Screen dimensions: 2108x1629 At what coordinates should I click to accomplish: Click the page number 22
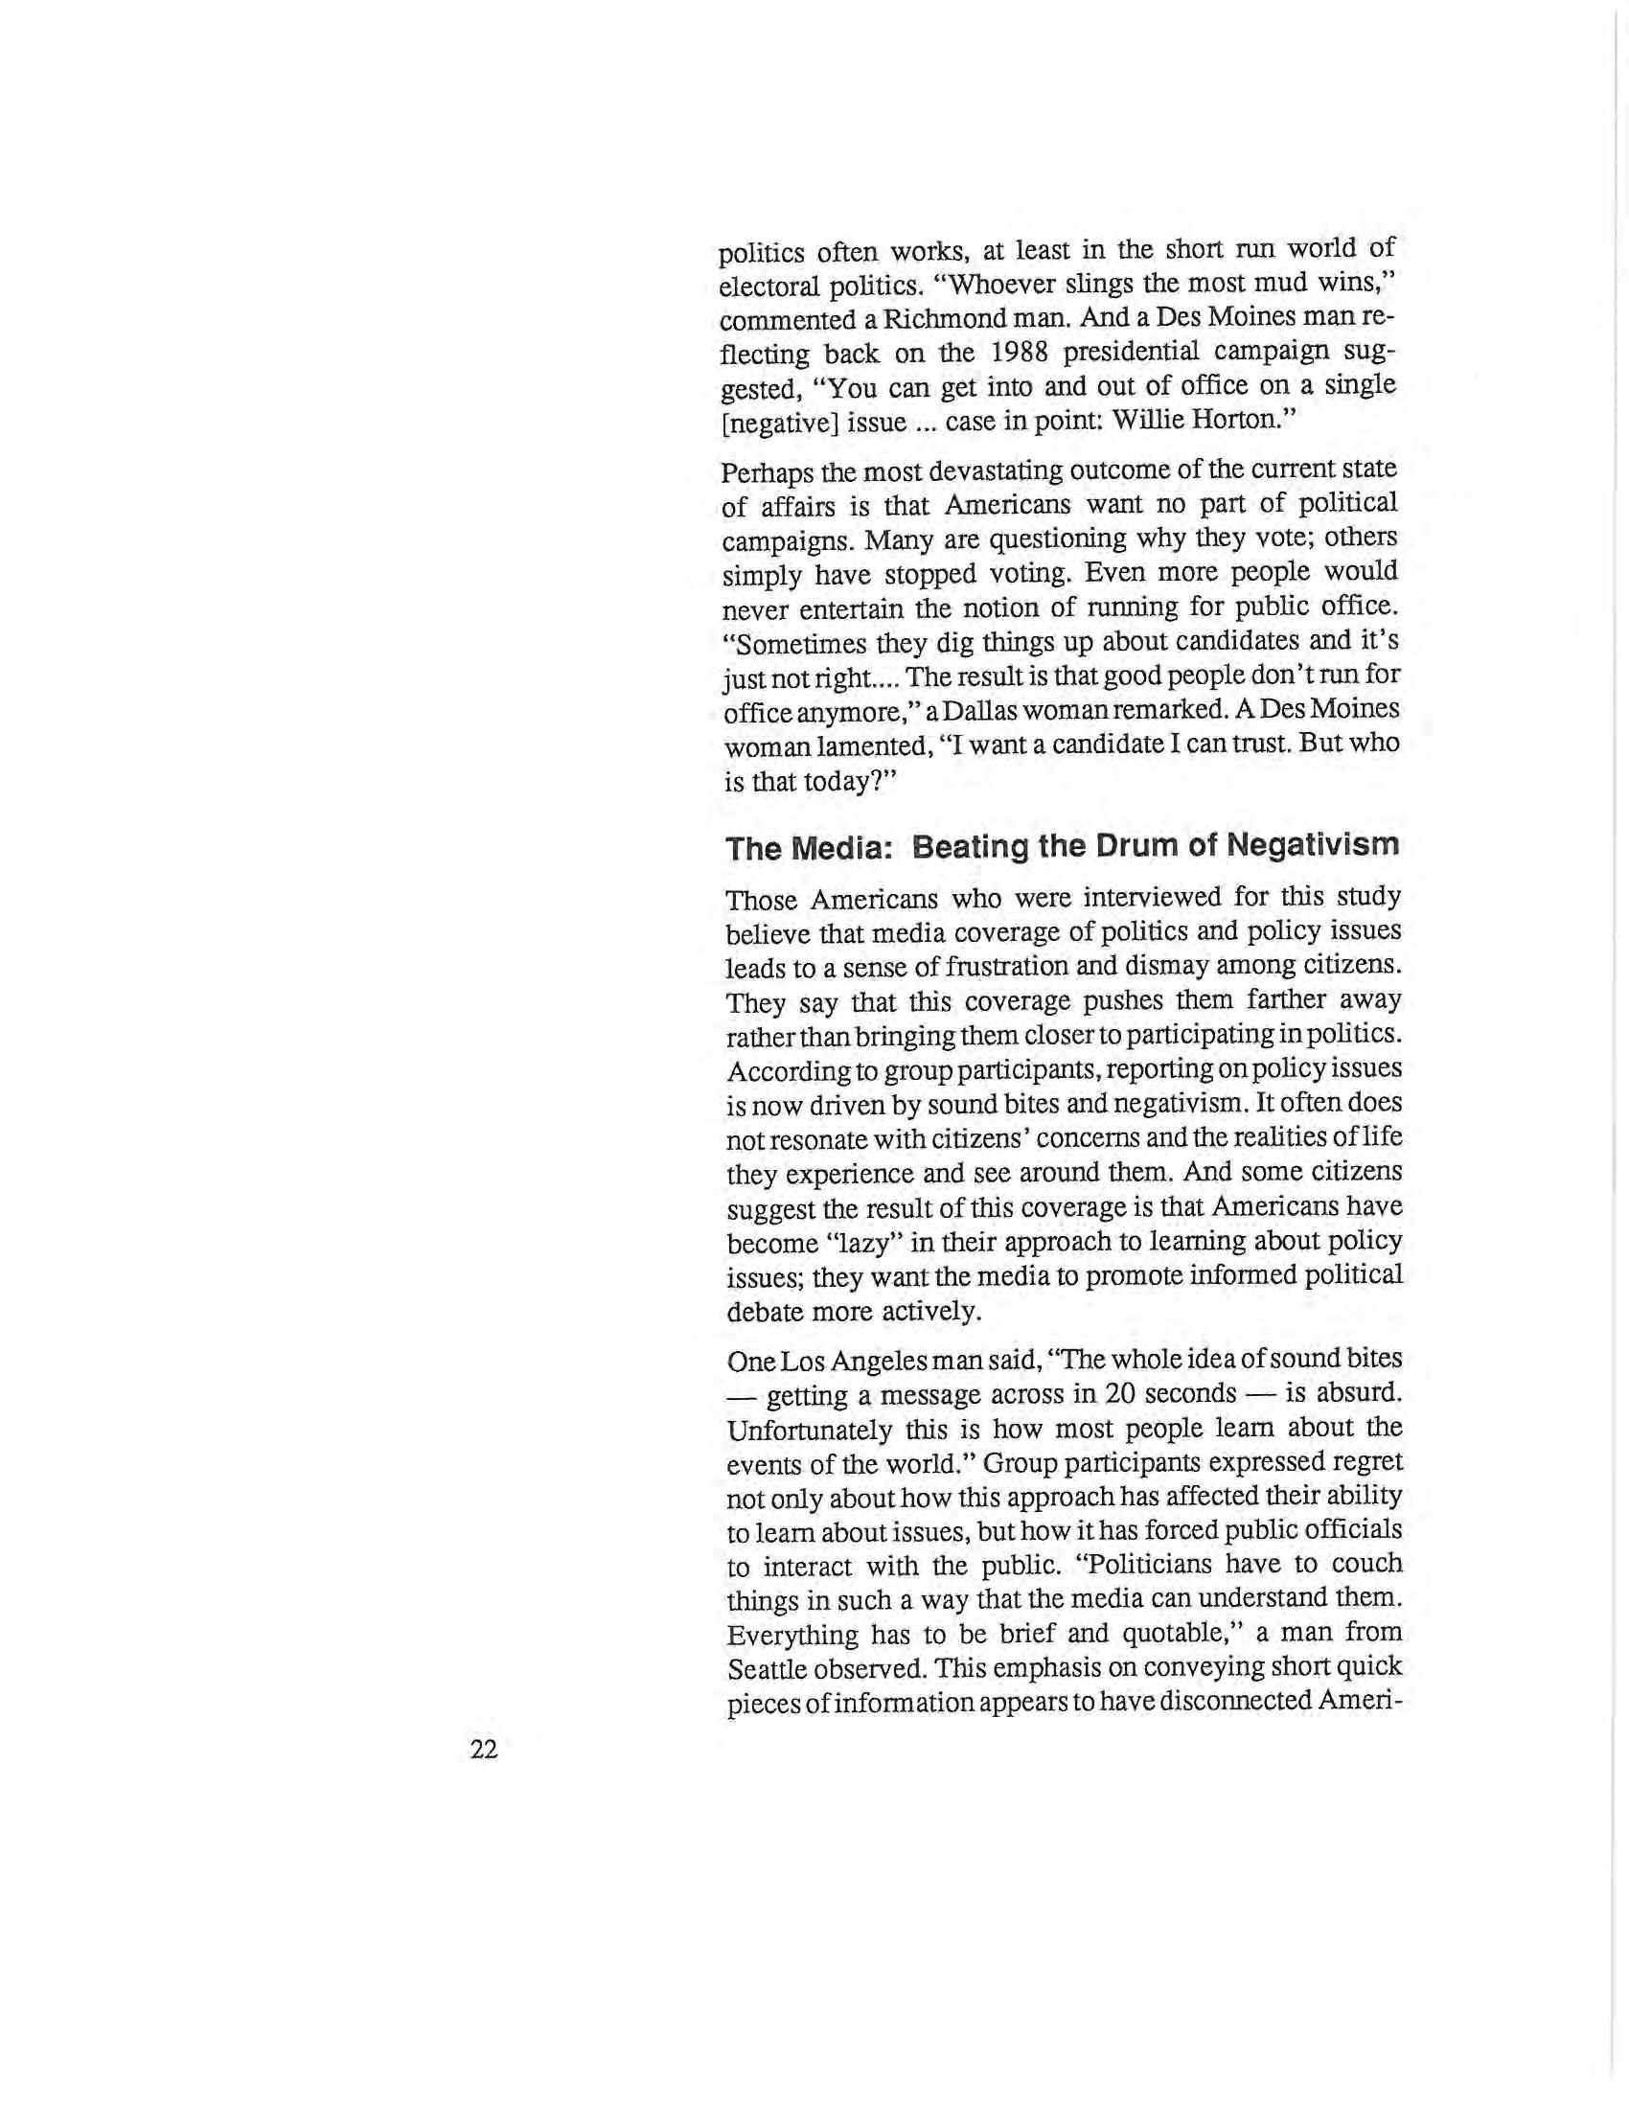pyautogui.click(x=484, y=1749)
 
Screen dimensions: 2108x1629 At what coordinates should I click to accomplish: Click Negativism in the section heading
pyautogui.click(x=1313, y=846)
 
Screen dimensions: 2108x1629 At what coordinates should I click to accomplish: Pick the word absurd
pyautogui.click(x=1357, y=1394)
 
